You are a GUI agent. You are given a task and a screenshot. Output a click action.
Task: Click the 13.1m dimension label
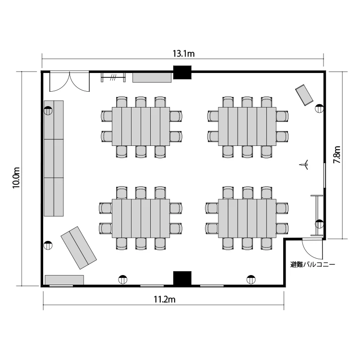point(183,54)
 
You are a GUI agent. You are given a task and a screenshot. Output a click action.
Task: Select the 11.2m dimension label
point(164,300)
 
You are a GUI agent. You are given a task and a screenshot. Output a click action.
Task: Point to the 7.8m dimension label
point(338,155)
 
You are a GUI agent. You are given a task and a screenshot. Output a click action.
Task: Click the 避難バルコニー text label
point(312,264)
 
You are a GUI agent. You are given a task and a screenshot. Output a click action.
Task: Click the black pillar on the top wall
point(182,72)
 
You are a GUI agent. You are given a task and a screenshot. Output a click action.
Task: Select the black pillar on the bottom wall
point(182,278)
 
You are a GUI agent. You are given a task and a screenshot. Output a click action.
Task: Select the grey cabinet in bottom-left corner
point(64,280)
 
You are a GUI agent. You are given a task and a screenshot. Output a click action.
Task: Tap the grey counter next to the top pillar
point(152,77)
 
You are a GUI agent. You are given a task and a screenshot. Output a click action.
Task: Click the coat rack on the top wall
point(113,77)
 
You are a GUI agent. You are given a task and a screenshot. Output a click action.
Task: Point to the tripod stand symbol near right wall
point(303,166)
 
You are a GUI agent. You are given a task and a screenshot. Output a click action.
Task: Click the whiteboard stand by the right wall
point(316,215)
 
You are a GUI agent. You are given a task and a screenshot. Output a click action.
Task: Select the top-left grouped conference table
point(141,126)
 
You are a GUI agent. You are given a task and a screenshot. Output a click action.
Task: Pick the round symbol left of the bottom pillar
point(122,278)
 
